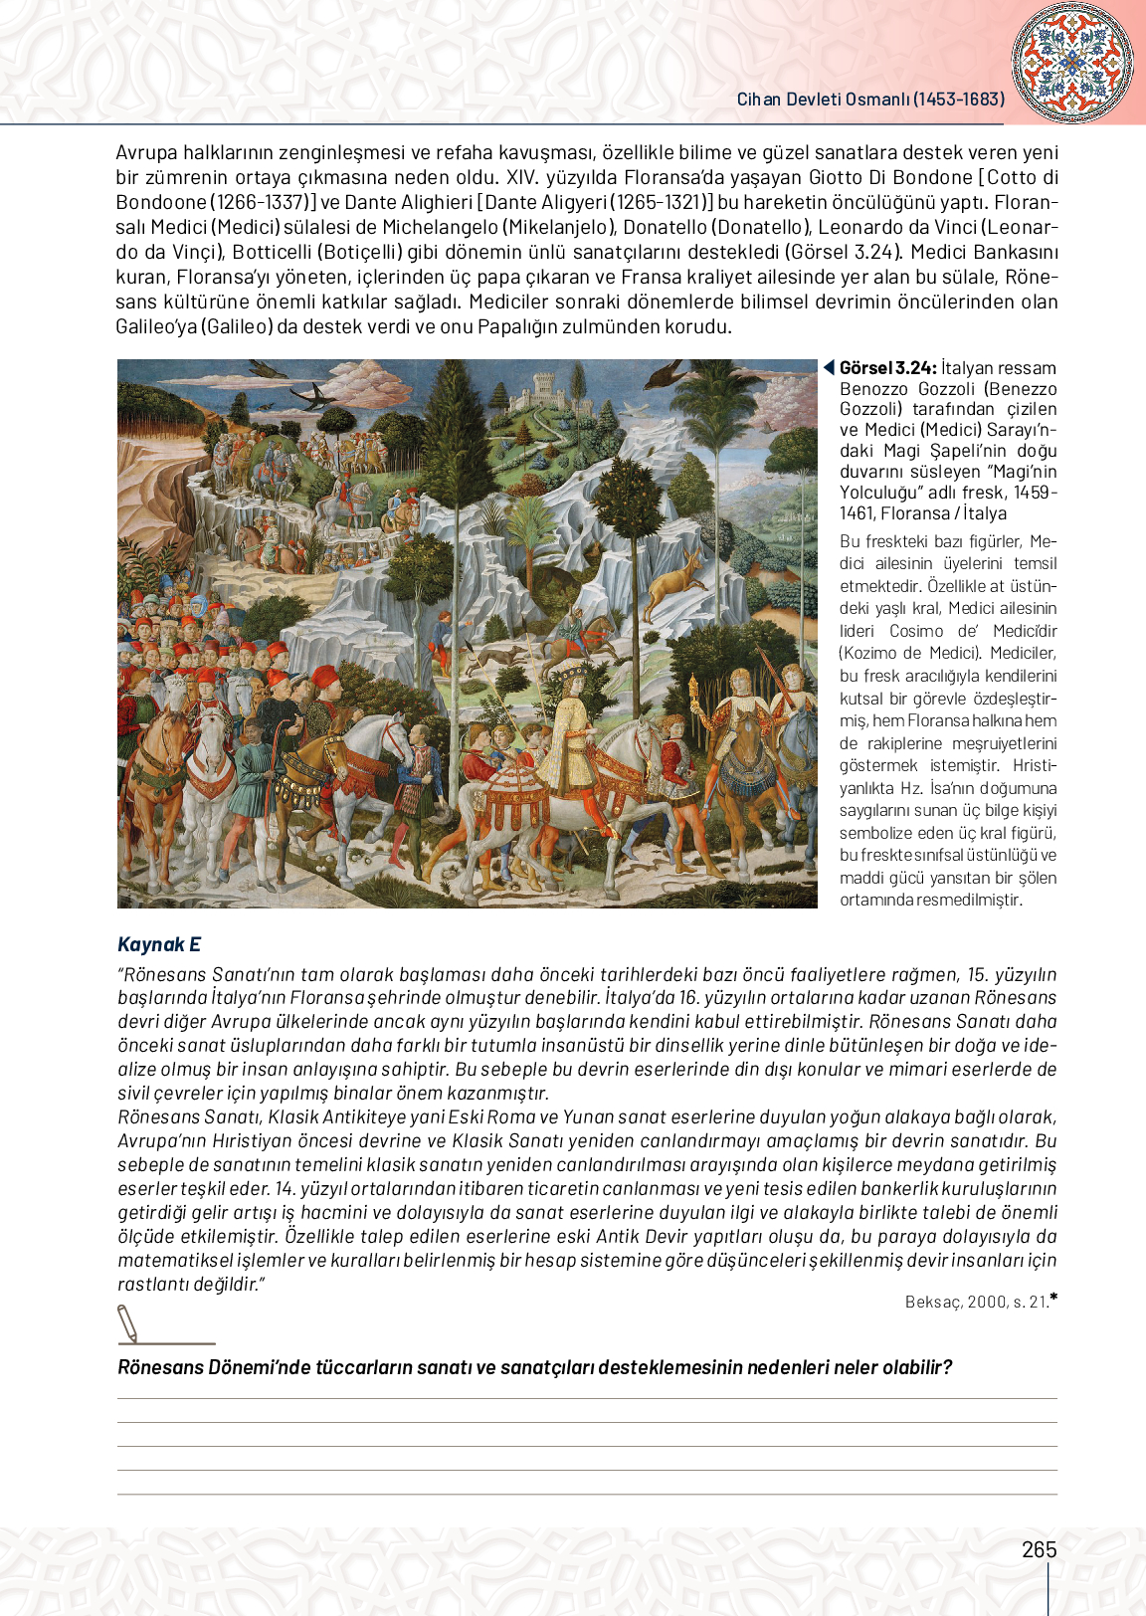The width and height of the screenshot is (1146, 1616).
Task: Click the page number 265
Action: pyautogui.click(x=1039, y=1549)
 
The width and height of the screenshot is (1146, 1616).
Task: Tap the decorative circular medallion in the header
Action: pyautogui.click(x=1071, y=62)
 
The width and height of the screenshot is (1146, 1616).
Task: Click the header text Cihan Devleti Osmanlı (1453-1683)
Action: pyautogui.click(x=870, y=100)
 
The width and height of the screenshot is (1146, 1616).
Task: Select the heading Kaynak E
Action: pyautogui.click(x=159, y=944)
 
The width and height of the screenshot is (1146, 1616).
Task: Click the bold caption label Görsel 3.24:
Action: pyautogui.click(x=887, y=368)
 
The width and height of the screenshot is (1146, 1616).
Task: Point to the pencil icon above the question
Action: pyautogui.click(x=128, y=1323)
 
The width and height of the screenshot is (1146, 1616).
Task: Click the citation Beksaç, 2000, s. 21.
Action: pyautogui.click(x=977, y=1302)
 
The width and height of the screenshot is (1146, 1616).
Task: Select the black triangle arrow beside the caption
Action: pyautogui.click(x=828, y=368)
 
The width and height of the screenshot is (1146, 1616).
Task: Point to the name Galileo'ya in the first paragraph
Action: pyautogui.click(x=156, y=326)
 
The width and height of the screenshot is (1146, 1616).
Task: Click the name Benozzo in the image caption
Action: pyautogui.click(x=872, y=389)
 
